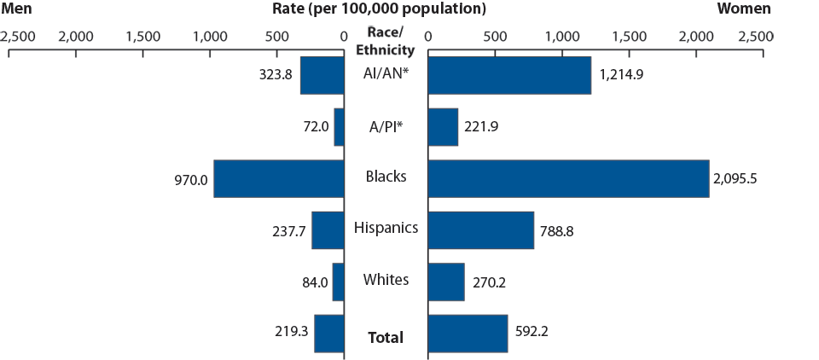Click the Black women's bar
(x=568, y=178)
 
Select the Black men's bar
(x=279, y=178)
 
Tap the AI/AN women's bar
(x=509, y=75)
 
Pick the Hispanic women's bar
(x=480, y=230)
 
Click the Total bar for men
(x=329, y=334)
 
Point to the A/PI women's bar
(x=443, y=127)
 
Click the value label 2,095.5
(x=741, y=179)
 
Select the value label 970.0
(x=190, y=179)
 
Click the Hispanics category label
(x=386, y=228)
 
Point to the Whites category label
(x=386, y=280)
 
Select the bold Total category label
(x=386, y=338)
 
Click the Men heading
(x=18, y=9)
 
